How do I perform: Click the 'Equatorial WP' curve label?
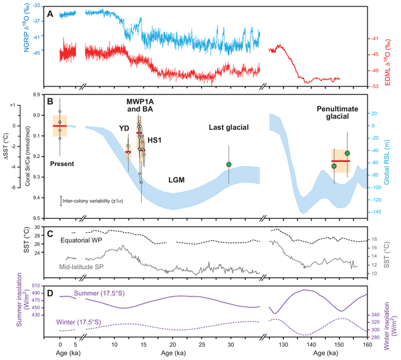tap(86, 240)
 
